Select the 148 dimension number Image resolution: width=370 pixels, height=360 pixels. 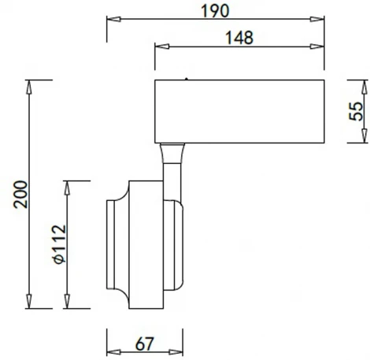[237, 36]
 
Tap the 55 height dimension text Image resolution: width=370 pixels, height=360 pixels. [356, 111]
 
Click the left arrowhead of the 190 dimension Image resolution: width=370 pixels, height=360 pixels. [111, 22]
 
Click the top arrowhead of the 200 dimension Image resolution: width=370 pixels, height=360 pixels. [30, 85]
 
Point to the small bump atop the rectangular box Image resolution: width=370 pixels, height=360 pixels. [186, 78]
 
